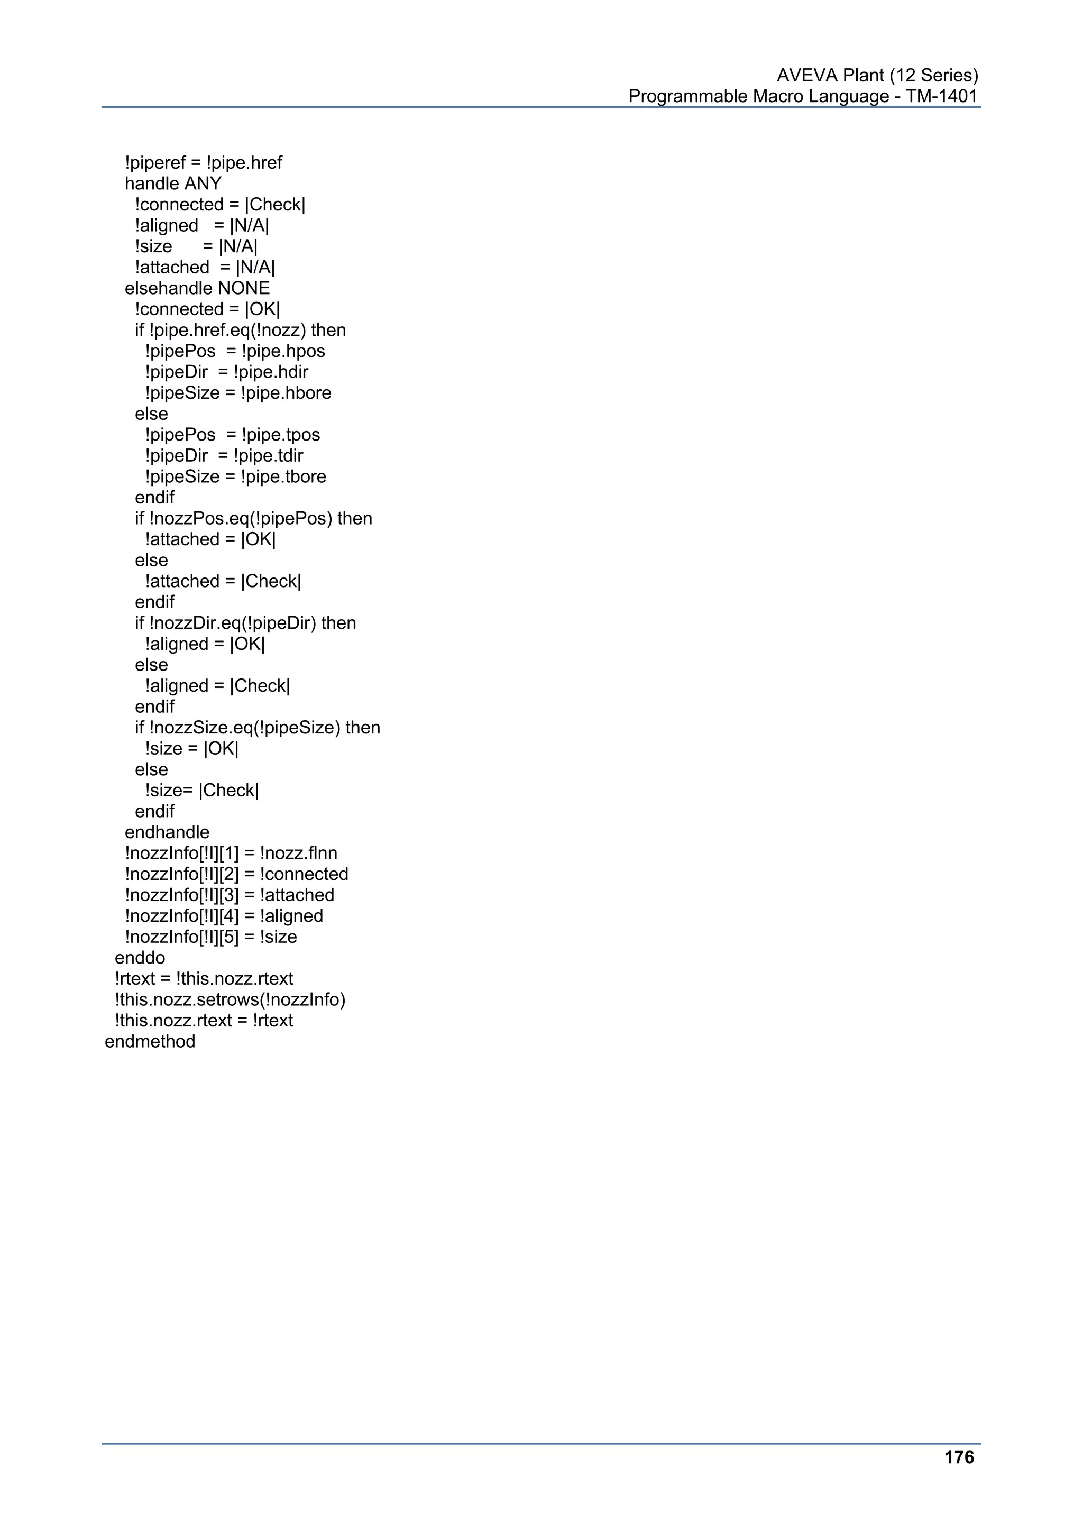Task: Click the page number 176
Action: point(959,1457)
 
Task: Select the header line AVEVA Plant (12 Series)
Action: point(877,76)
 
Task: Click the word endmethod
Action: point(150,1042)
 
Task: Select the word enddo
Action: point(140,958)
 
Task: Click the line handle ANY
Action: point(173,184)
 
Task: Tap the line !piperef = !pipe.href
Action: point(203,163)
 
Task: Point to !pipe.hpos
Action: point(283,351)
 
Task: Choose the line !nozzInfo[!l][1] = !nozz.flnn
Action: point(231,854)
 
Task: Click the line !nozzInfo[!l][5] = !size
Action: point(211,937)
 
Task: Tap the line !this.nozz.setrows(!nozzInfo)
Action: point(230,999)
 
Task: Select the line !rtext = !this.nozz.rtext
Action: point(204,979)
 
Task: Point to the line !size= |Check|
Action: point(201,790)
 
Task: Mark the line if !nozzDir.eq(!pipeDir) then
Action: point(245,622)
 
